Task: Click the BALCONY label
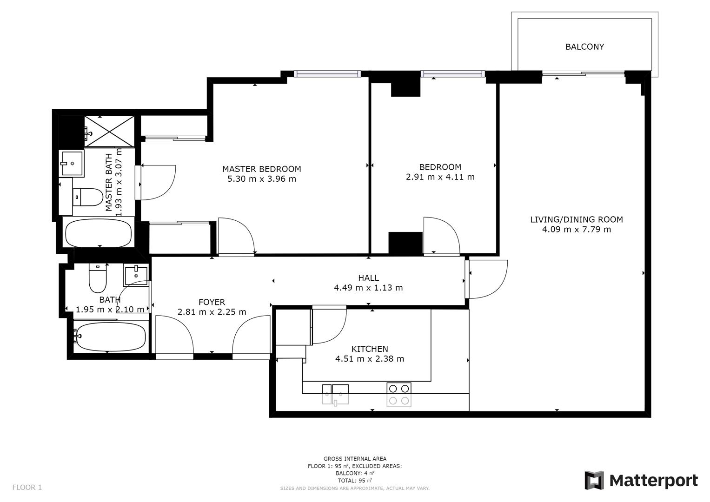click(584, 47)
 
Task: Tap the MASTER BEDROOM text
click(261, 169)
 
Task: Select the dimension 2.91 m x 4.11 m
click(440, 177)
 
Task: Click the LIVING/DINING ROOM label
click(576, 219)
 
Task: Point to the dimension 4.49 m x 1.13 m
click(368, 288)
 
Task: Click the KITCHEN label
click(369, 349)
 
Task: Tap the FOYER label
click(212, 302)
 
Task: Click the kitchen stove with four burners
click(399, 395)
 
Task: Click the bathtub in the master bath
click(98, 233)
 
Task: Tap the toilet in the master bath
click(90, 197)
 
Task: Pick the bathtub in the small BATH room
click(111, 337)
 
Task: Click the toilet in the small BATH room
click(98, 278)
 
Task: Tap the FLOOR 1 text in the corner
click(27, 488)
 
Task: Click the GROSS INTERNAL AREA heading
click(355, 459)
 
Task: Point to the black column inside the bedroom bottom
click(405, 243)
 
